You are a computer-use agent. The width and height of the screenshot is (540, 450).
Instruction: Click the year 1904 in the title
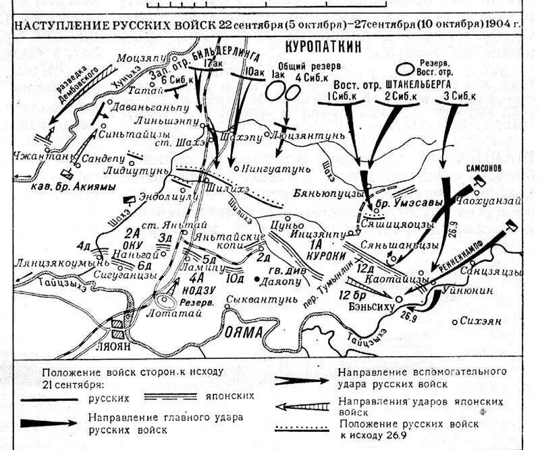click(500, 25)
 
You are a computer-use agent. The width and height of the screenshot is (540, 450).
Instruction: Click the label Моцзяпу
click(137, 59)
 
